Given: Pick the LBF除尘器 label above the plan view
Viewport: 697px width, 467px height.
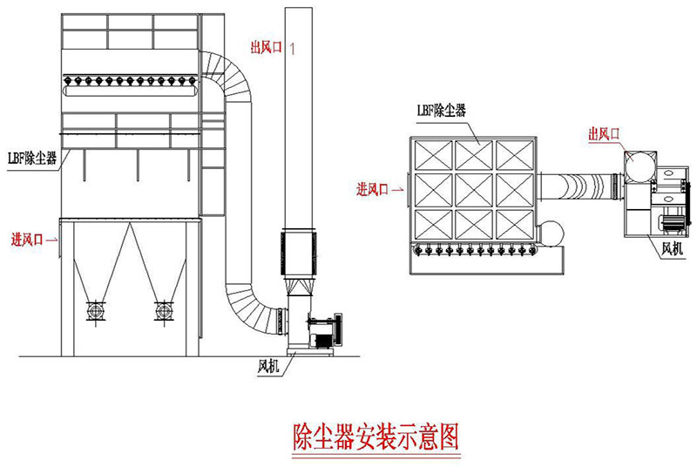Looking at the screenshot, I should click(x=440, y=111).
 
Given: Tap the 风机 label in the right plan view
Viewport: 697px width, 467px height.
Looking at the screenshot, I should click(x=672, y=250).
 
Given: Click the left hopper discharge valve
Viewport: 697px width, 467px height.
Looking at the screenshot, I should click(x=95, y=310).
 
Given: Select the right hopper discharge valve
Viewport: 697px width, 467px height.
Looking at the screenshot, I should click(x=161, y=310).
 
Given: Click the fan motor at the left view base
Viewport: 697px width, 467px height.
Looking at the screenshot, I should click(x=329, y=329).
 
